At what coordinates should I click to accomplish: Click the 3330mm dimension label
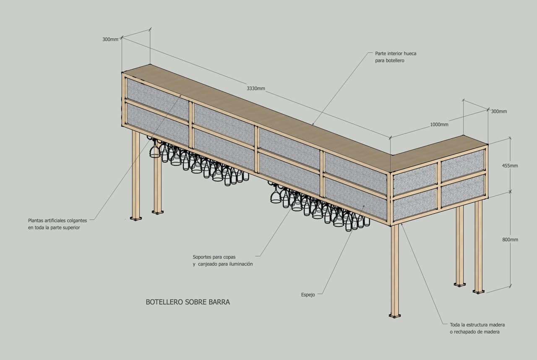(255, 89)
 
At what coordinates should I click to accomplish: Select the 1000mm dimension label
(439, 125)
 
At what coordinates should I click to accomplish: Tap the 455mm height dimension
(510, 165)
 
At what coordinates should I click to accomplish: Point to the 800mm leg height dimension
(510, 240)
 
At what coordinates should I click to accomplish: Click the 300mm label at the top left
(110, 39)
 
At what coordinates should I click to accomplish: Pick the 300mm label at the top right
(499, 112)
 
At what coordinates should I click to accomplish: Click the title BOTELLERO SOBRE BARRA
(188, 302)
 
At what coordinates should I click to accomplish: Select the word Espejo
(308, 295)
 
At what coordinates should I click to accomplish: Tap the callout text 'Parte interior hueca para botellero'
(396, 57)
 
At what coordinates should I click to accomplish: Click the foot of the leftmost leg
(136, 218)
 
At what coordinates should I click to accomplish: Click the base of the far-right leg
(478, 290)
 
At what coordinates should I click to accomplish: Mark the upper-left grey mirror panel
(158, 99)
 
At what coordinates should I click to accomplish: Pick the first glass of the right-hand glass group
(276, 196)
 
